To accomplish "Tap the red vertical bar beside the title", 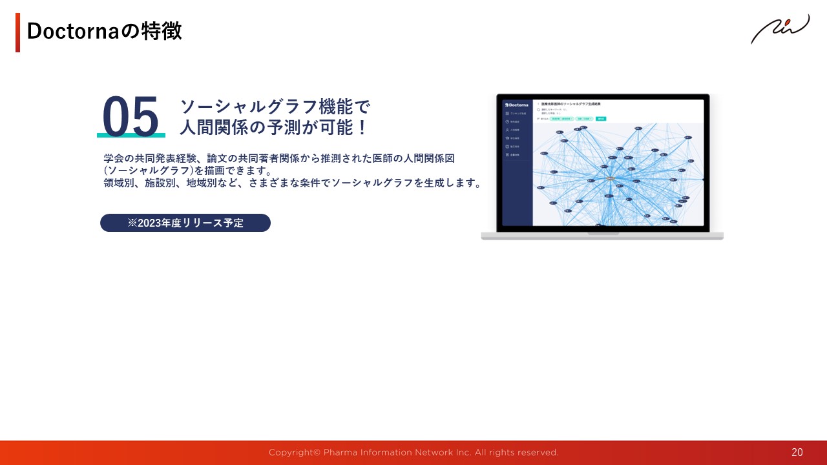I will coord(18,32).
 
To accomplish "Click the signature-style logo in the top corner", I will coord(780,29).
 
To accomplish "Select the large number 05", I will coord(131,116).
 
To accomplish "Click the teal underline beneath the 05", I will coord(131,136).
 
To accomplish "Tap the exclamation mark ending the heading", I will coord(362,127).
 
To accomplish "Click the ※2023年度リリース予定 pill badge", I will coord(185,223).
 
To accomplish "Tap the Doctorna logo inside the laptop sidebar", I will coord(517,105).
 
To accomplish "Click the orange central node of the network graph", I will coord(610,178).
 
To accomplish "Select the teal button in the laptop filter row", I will coord(600,119).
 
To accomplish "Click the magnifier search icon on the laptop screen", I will coord(538,110).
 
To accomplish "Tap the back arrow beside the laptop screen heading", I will coord(538,103).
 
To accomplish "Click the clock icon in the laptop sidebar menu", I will coord(508,121).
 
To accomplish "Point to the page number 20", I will coord(797,452).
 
